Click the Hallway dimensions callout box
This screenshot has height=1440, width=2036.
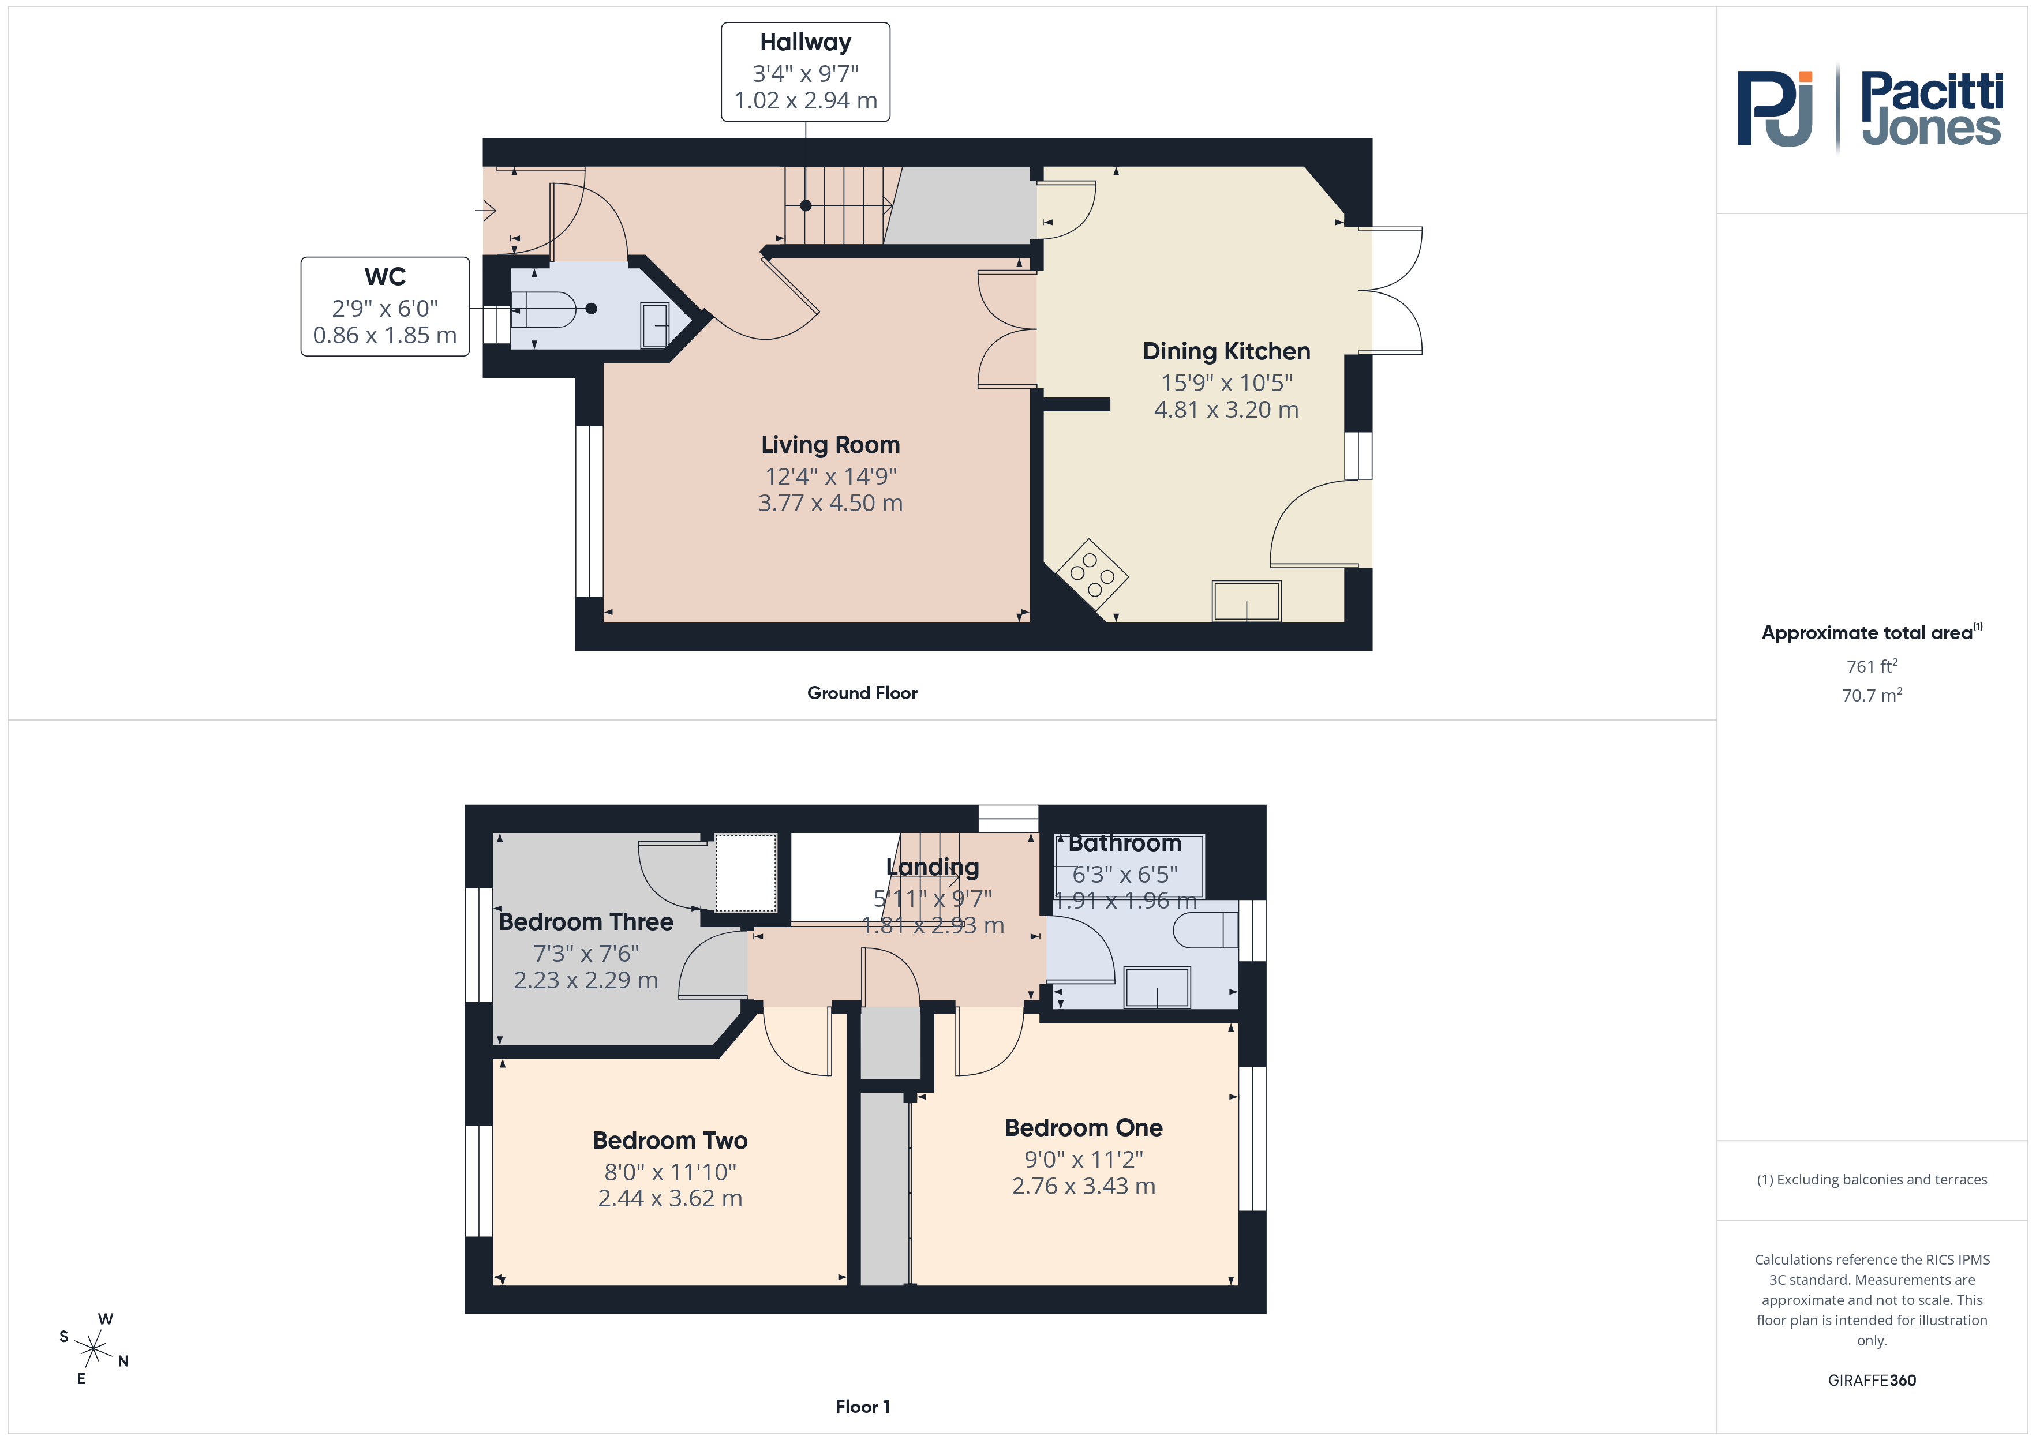point(805,72)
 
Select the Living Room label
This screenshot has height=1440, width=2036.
point(830,444)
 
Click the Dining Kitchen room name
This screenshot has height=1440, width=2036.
point(1226,351)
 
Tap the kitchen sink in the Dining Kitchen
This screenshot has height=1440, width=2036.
point(1246,601)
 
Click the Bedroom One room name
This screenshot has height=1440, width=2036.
point(1084,1128)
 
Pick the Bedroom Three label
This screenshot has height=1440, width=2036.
point(586,922)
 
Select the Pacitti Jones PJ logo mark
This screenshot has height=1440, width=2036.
point(1775,109)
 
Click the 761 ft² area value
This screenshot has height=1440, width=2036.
point(1872,666)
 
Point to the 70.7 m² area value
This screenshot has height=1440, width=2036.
point(1872,695)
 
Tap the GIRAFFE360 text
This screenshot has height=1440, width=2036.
point(1872,1381)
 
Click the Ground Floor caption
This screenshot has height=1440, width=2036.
point(862,693)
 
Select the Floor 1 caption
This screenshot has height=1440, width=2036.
point(862,1407)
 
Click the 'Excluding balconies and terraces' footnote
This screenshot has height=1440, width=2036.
point(1872,1179)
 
